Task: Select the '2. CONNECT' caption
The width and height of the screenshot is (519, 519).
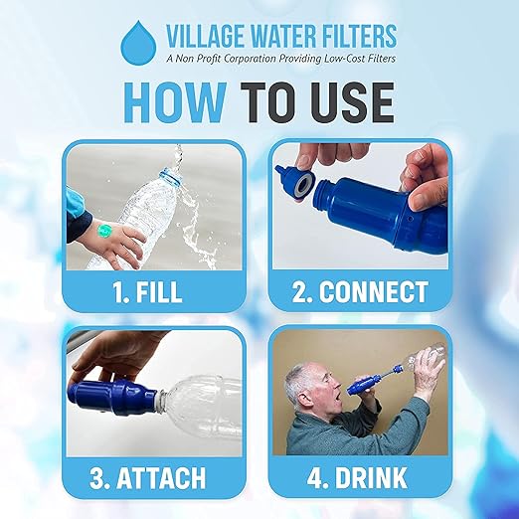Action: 361,292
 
